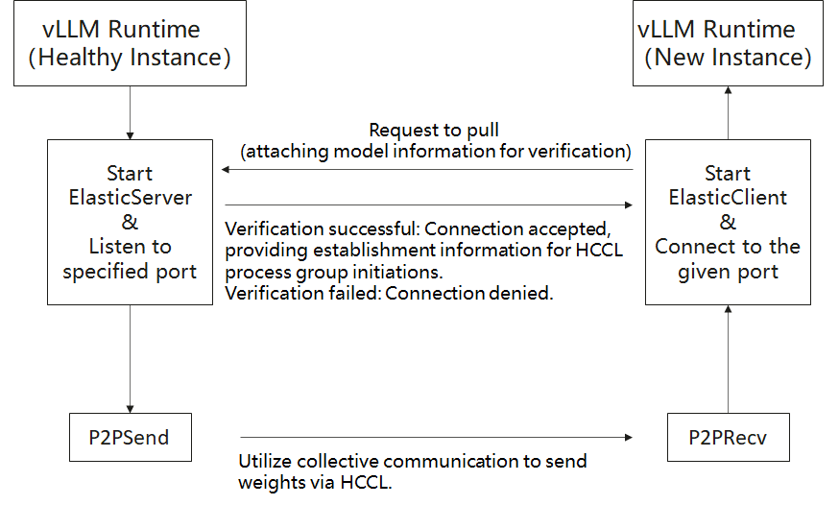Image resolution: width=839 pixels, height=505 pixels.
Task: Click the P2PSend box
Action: pyautogui.click(x=130, y=438)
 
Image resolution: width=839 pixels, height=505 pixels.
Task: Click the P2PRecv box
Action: pyautogui.click(x=727, y=438)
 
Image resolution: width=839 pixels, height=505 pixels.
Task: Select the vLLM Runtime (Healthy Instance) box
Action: pyautogui.click(x=130, y=44)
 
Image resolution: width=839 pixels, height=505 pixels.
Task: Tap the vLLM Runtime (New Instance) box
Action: pyautogui.click(x=729, y=44)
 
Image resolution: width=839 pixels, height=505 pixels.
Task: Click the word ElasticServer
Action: pyautogui.click(x=130, y=198)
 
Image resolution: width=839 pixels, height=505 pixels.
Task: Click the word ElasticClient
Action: pyautogui.click(x=728, y=198)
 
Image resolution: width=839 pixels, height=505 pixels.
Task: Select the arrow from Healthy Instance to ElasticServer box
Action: pyautogui.click(x=130, y=112)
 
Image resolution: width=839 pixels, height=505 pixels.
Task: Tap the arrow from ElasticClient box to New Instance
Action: pyautogui.click(x=728, y=112)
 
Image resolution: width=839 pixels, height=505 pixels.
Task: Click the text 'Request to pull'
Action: pyautogui.click(x=434, y=130)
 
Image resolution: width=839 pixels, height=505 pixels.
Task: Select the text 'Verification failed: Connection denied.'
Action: pyautogui.click(x=389, y=294)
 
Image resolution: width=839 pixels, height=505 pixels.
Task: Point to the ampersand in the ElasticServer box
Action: pyautogui.click(x=130, y=222)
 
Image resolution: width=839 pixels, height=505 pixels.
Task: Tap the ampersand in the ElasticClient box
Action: pyautogui.click(x=728, y=222)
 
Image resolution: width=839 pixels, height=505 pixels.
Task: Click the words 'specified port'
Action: pyautogui.click(x=130, y=271)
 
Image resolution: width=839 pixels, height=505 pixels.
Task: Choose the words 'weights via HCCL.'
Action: pyautogui.click(x=316, y=482)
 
